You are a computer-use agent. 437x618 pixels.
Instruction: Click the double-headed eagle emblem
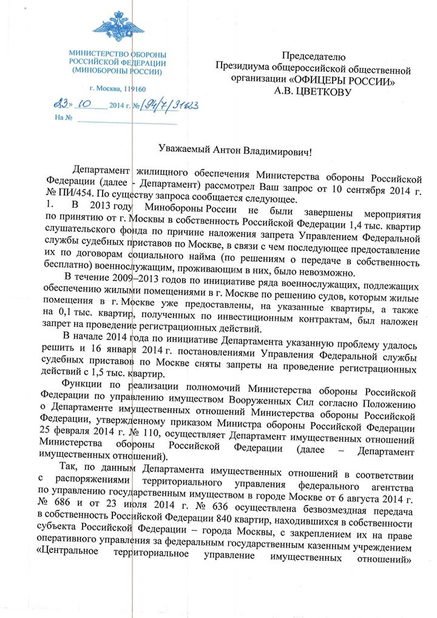(119, 28)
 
